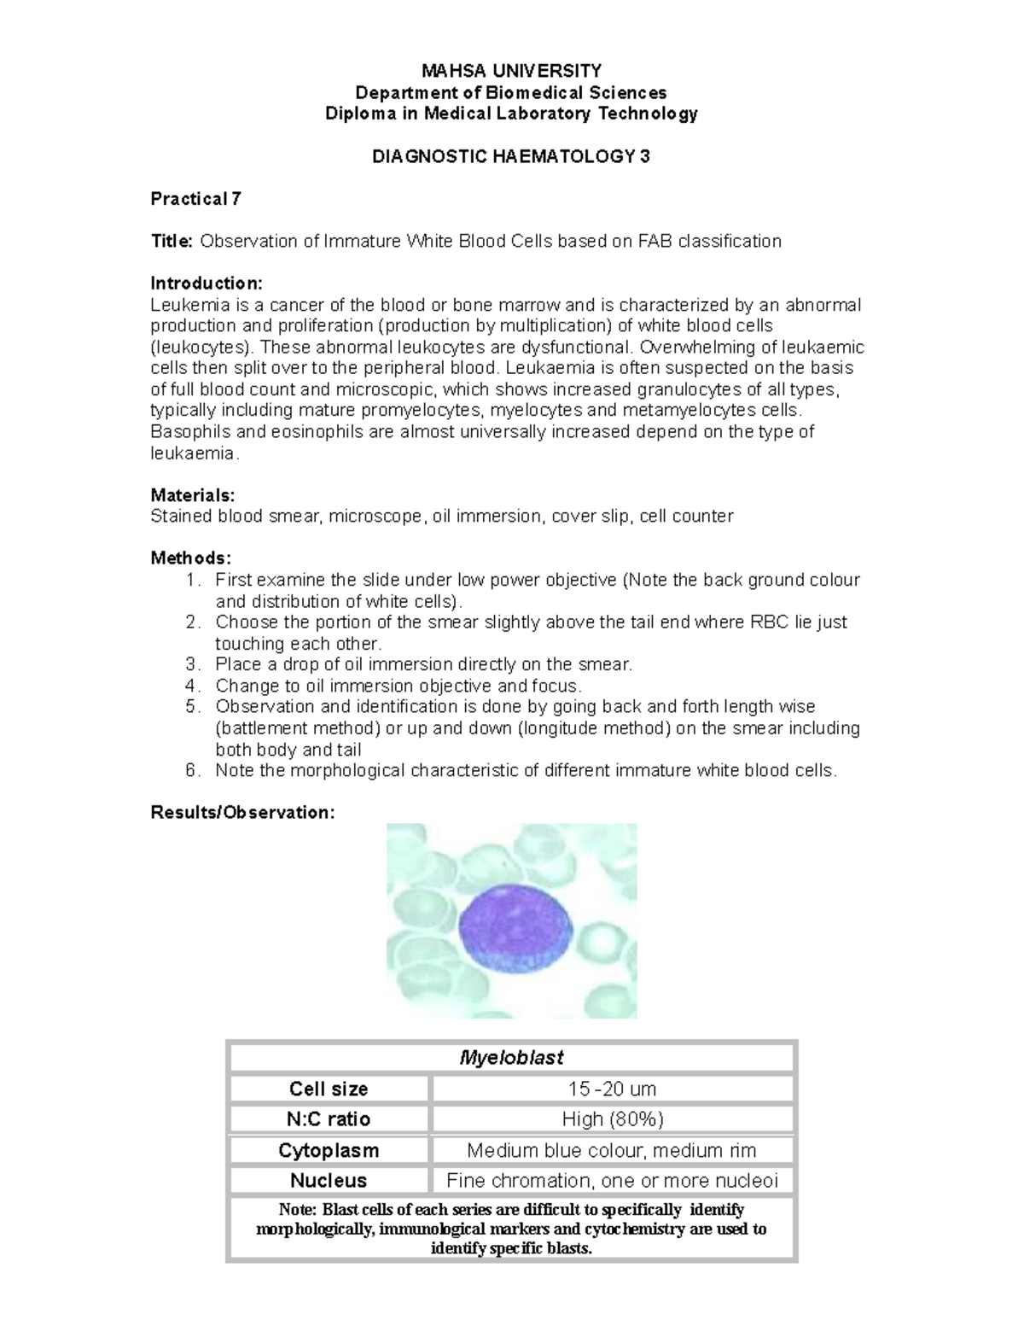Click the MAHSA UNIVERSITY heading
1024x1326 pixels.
tap(511, 70)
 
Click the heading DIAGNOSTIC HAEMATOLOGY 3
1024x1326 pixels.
tap(511, 156)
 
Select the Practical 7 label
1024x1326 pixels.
tap(195, 199)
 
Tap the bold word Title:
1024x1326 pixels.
tap(172, 242)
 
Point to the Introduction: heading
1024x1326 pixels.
tap(207, 283)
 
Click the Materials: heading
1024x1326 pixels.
tap(192, 495)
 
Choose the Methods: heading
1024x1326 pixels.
tap(190, 558)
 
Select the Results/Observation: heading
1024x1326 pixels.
tap(242, 812)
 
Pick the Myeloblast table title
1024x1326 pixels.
tap(511, 1058)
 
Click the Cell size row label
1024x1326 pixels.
tap(329, 1089)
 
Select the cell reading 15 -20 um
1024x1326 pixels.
tap(612, 1089)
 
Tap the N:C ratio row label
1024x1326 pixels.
tap(329, 1119)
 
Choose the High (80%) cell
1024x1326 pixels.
tap(612, 1119)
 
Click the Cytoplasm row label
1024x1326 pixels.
tap(329, 1150)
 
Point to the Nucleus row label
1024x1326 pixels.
tap(329, 1181)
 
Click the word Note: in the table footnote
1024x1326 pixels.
tap(298, 1210)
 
